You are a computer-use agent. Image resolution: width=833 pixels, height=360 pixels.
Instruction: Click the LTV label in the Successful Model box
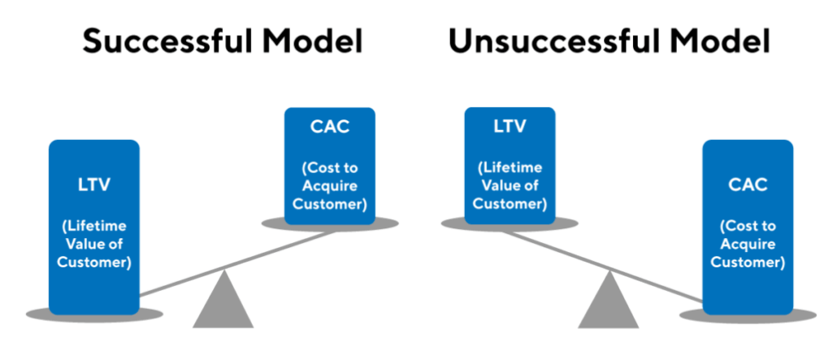(93, 184)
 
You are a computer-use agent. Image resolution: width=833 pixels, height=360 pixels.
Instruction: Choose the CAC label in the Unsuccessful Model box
(747, 184)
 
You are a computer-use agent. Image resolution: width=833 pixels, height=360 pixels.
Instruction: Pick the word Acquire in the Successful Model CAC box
(329, 186)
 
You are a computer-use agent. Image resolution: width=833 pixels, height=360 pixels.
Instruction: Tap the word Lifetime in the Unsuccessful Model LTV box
(510, 167)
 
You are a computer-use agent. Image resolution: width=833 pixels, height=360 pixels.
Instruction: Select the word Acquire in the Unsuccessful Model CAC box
(747, 244)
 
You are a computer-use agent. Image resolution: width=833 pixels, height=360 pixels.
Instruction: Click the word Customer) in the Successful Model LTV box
(93, 263)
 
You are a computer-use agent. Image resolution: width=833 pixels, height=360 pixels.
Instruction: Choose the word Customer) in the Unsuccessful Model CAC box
(747, 262)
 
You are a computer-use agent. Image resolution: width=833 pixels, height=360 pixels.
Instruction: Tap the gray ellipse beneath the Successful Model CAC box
(329, 223)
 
